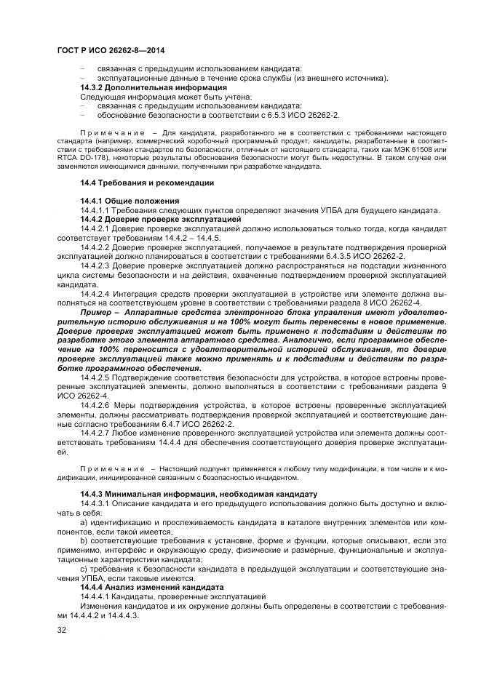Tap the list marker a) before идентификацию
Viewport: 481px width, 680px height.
[84, 521]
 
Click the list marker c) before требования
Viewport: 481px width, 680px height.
[84, 568]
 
